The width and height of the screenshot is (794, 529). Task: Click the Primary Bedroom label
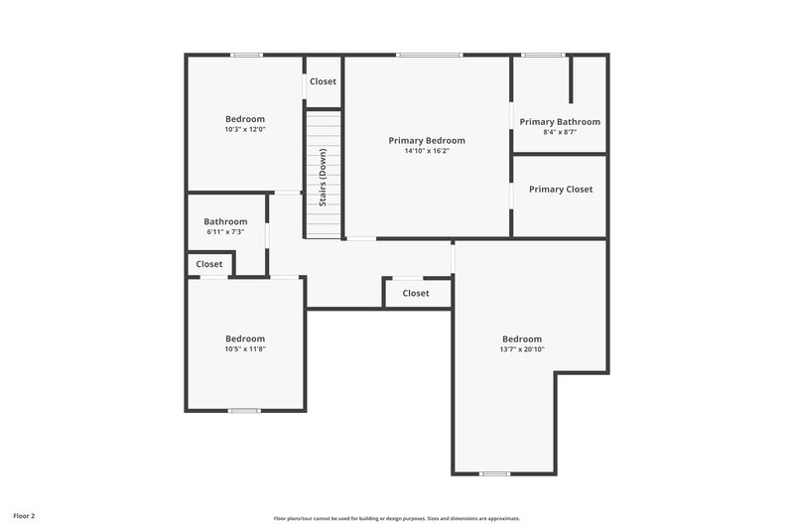coord(427,141)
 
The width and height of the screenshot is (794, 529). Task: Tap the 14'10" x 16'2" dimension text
coord(427,152)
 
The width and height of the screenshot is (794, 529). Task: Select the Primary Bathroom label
coord(560,122)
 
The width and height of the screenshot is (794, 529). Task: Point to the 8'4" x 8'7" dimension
coord(560,132)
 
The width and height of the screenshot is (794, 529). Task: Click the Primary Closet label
coord(560,189)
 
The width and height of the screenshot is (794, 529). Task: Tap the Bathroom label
coord(225,221)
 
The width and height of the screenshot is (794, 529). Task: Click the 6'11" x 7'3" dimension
coord(225,231)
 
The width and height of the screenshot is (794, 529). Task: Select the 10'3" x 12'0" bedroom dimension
coord(245,129)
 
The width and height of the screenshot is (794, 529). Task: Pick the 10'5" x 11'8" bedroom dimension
coord(245,348)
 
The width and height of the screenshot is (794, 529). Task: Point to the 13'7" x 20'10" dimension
coord(522,349)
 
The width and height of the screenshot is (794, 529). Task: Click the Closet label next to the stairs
coord(323,81)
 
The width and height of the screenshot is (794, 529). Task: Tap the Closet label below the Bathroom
coord(209,264)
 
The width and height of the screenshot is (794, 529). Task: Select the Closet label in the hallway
coord(416,293)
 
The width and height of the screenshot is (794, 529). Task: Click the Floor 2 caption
coord(24,516)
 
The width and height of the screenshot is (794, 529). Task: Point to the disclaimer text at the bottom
coord(397,518)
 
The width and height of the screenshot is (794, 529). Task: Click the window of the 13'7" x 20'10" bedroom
coord(494,473)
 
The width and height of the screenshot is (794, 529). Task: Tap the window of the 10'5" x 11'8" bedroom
coord(244,410)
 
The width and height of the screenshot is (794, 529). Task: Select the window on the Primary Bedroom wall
coord(429,55)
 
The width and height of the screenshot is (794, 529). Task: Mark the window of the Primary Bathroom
coord(543,55)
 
